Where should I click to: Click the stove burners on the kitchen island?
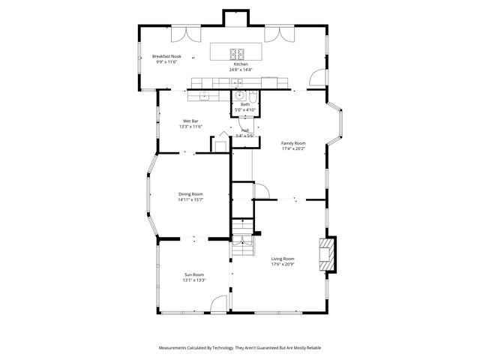tap(238, 53)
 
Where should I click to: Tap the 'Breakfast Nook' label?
tap(166, 56)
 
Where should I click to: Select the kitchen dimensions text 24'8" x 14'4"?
tap(241, 70)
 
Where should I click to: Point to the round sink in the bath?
tap(239, 95)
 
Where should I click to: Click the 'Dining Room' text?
tap(190, 194)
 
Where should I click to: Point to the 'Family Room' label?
tap(293, 142)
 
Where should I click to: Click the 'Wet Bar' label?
tap(190, 121)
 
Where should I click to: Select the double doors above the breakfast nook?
tap(182, 34)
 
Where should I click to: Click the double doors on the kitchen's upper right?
tap(283, 34)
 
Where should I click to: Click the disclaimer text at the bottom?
tap(240, 348)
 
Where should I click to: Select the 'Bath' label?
tap(244, 104)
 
